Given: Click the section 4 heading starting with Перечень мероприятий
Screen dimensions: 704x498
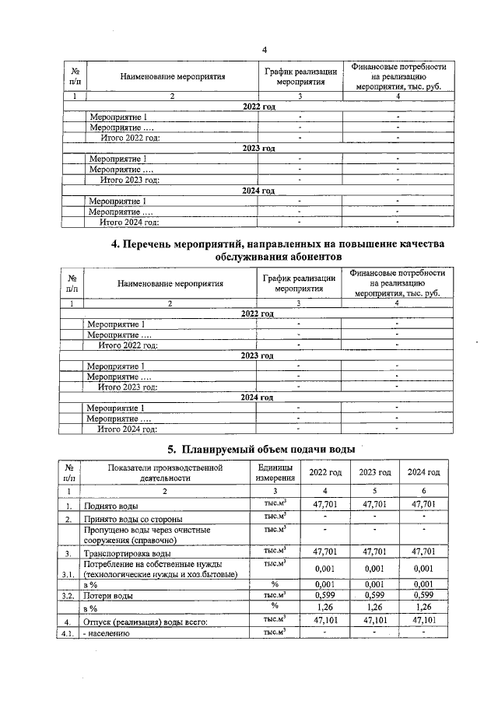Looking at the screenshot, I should click(x=278, y=250).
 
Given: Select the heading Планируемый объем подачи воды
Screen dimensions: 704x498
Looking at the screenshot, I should click(x=262, y=449).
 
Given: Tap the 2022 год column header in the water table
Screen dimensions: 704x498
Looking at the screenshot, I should click(x=325, y=473).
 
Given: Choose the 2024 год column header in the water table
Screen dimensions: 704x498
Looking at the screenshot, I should click(x=423, y=473).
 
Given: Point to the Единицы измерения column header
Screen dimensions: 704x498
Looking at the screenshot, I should click(x=275, y=473).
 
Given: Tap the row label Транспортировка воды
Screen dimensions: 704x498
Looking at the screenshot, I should click(x=123, y=553).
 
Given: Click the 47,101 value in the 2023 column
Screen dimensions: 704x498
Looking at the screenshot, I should click(x=374, y=621).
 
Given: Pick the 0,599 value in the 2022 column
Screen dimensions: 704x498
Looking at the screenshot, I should click(x=325, y=595).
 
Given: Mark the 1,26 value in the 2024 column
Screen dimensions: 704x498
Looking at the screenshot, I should click(x=423, y=608).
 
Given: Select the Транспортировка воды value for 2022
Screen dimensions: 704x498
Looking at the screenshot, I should click(x=325, y=552).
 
